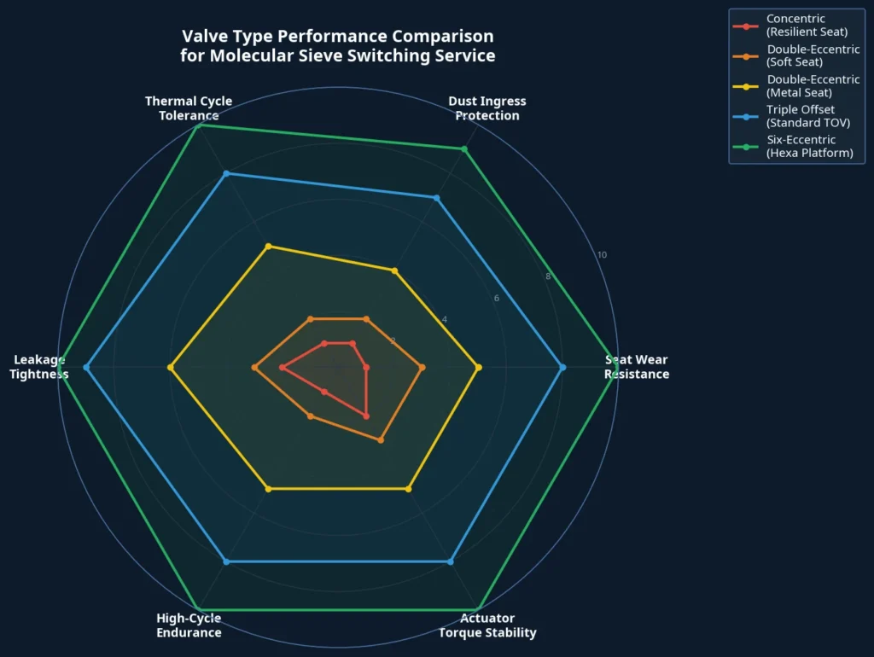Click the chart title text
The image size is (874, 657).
click(x=337, y=46)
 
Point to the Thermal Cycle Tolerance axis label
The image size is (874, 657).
click(x=189, y=108)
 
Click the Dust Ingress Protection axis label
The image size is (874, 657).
click(x=487, y=108)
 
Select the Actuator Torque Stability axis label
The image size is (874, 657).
click(x=487, y=625)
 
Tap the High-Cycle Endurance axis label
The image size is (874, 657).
click(x=189, y=625)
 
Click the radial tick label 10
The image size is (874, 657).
click(x=602, y=255)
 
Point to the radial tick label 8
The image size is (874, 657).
click(x=548, y=276)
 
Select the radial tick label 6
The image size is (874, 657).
click(x=496, y=298)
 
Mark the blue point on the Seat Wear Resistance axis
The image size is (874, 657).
click(x=562, y=368)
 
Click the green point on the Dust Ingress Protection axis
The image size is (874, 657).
click(x=464, y=149)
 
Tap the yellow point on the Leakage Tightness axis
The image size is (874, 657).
click(x=171, y=368)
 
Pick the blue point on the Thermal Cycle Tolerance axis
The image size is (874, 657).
click(x=226, y=174)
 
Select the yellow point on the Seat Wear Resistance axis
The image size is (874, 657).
click(x=478, y=368)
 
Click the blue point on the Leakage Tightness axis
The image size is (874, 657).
click(x=86, y=368)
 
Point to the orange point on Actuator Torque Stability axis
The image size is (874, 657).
click(x=381, y=440)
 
